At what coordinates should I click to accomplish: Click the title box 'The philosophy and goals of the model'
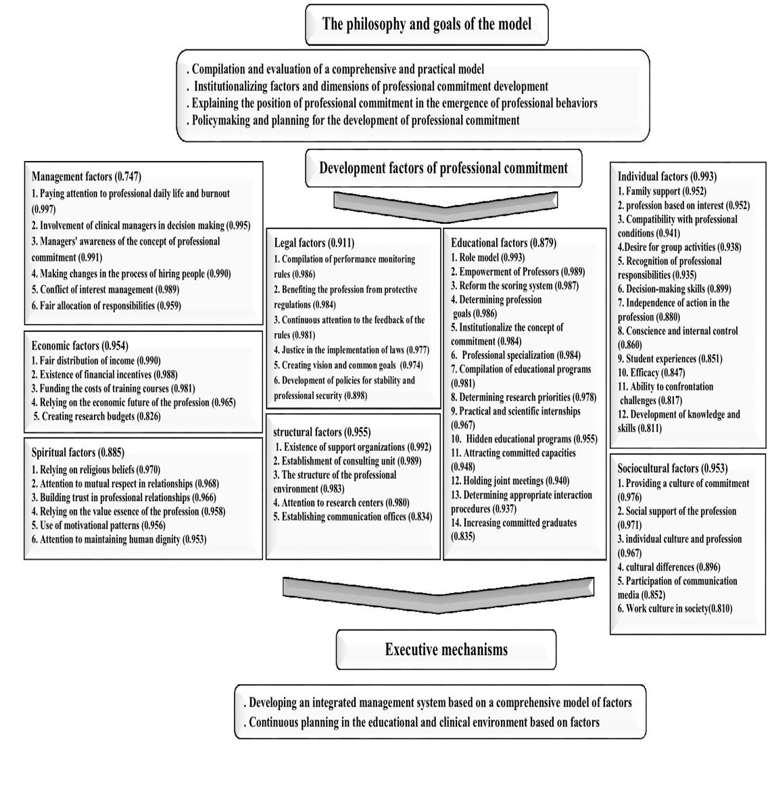click(427, 24)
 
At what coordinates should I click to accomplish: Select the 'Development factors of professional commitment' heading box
click(443, 168)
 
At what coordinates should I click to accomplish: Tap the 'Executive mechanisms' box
click(446, 650)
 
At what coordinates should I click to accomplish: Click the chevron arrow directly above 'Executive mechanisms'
click(438, 594)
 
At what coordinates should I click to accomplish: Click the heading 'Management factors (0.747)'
click(87, 177)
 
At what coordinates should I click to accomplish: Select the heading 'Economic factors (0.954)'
click(80, 346)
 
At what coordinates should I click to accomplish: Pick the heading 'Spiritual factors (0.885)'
click(78, 452)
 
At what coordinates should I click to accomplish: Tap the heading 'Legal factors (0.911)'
click(314, 243)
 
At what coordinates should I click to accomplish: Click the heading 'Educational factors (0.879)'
click(504, 243)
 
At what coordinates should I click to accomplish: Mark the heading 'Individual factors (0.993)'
click(667, 177)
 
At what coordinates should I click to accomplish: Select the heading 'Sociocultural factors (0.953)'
click(673, 469)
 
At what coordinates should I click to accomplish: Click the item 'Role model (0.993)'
click(488, 258)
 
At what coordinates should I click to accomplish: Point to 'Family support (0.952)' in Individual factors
click(662, 191)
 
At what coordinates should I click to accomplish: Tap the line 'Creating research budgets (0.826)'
click(97, 417)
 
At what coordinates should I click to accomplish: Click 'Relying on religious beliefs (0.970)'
click(96, 470)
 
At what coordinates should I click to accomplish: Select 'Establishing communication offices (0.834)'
click(353, 517)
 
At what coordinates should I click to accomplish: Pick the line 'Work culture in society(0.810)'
click(675, 609)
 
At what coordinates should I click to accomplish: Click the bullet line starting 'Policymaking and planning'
click(354, 121)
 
